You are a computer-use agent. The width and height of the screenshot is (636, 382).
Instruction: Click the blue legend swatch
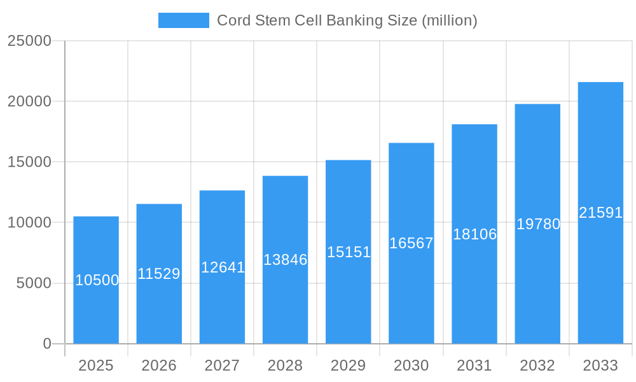(x=183, y=20)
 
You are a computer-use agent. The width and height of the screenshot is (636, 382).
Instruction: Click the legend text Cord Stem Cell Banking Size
(x=347, y=20)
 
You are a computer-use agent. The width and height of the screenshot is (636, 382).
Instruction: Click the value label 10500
(x=97, y=280)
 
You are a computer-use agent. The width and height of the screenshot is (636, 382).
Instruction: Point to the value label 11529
(x=159, y=274)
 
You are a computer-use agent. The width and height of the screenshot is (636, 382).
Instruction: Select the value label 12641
(x=223, y=267)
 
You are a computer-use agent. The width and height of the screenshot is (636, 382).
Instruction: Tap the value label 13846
(x=285, y=260)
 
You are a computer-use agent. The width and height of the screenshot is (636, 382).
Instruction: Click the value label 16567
(x=411, y=243)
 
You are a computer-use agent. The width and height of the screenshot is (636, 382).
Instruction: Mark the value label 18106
(x=474, y=234)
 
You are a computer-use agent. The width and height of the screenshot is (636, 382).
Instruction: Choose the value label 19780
(x=538, y=224)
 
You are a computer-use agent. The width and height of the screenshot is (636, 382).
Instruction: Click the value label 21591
(x=600, y=213)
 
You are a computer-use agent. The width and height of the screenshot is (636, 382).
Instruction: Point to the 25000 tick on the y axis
(x=29, y=41)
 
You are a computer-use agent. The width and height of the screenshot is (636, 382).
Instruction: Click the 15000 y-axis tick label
(x=29, y=162)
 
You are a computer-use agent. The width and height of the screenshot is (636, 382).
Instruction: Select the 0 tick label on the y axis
(x=47, y=344)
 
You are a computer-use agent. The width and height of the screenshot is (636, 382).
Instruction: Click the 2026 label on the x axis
(x=159, y=365)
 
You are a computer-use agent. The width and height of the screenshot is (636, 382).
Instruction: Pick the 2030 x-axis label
(x=411, y=365)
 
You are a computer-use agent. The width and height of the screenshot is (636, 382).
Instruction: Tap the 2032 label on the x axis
(x=537, y=365)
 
